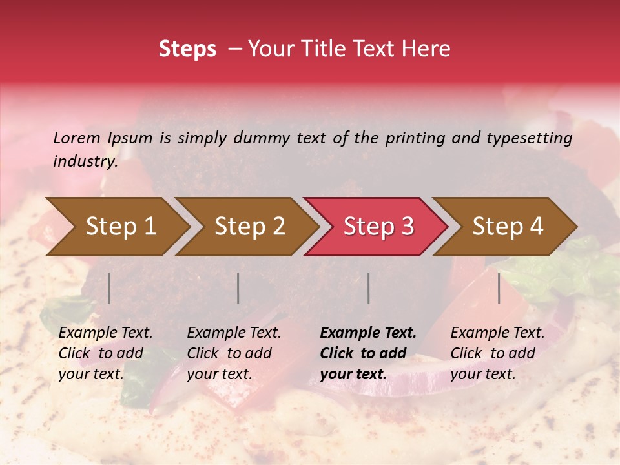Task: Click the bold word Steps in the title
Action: (187, 49)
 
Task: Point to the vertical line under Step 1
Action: (109, 288)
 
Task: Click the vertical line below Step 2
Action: (238, 288)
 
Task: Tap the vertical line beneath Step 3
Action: (369, 288)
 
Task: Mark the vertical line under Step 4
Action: (499, 288)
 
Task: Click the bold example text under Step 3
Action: (368, 353)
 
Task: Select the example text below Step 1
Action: (105, 353)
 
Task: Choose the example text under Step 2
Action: (234, 353)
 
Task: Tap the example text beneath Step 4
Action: (497, 353)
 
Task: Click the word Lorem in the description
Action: (77, 138)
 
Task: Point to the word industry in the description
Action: (85, 161)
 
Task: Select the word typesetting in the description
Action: (529, 138)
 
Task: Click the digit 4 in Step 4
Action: (535, 226)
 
